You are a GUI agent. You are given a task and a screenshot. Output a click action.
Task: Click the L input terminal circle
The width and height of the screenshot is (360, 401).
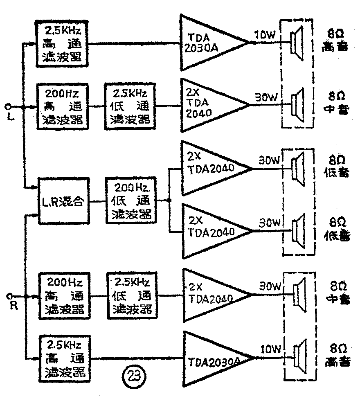coord(8,107)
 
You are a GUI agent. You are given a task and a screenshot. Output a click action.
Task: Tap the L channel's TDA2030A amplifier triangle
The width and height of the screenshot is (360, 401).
coord(209,43)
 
